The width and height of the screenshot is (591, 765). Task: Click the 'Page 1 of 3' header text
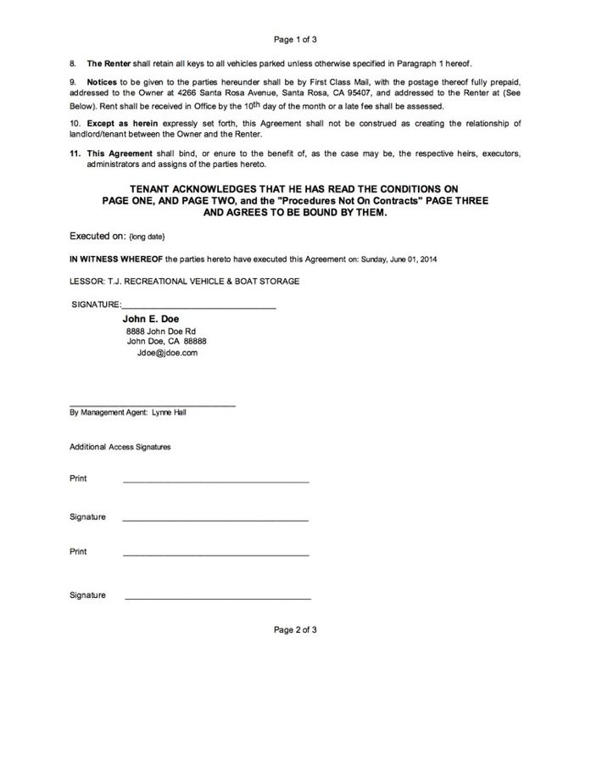coord(295,39)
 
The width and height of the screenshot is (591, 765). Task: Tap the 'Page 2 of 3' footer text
coord(295,630)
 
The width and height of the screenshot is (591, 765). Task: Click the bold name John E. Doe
coord(151,319)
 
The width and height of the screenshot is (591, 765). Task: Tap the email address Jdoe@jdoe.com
coord(167,353)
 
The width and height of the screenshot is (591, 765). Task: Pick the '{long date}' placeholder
coord(147,237)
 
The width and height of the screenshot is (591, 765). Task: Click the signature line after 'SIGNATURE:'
coord(199,306)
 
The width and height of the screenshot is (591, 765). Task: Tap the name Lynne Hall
coord(169,413)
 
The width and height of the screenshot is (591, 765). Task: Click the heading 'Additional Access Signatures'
coord(120,447)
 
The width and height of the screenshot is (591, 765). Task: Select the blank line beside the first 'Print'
coord(215,482)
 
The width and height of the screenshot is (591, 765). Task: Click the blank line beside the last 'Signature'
coord(217,599)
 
